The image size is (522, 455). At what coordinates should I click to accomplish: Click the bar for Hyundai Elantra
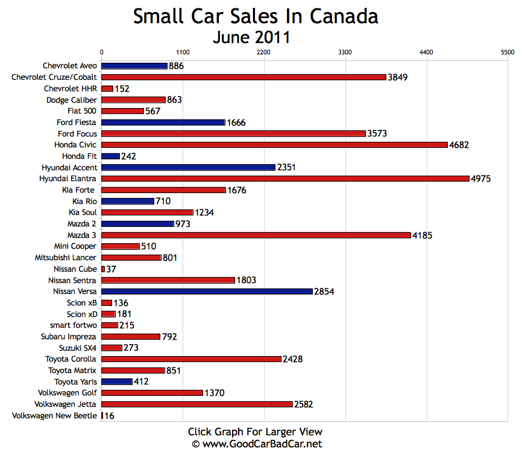285,179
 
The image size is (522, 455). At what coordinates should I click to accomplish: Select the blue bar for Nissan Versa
207,291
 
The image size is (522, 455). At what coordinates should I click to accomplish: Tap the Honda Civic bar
274,145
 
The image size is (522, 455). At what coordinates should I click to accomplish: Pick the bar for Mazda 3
256,235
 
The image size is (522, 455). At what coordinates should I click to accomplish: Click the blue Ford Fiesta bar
163,122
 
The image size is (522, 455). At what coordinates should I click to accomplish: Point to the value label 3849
398,77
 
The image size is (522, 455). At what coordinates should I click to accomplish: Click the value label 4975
481,179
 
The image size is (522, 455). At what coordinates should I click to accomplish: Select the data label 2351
287,168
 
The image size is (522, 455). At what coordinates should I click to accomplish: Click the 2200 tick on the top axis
264,53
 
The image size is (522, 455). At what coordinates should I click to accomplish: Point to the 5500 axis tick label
508,53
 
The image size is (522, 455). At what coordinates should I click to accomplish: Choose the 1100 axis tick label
183,53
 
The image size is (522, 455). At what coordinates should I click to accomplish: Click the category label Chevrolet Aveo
70,66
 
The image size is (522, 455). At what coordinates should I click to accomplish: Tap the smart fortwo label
74,325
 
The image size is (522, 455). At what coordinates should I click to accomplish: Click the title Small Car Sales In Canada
256,16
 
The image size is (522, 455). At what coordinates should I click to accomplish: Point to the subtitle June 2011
251,37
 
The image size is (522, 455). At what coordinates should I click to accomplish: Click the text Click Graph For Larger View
255,431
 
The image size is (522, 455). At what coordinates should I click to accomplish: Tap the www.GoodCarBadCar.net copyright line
257,444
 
